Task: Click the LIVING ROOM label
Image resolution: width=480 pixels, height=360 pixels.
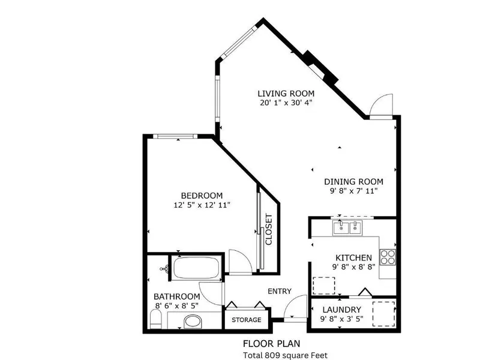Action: pyautogui.click(x=286, y=94)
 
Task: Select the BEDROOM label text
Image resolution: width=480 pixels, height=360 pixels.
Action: pyautogui.click(x=202, y=196)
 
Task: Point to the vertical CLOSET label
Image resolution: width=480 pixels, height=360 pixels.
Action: pyautogui.click(x=269, y=230)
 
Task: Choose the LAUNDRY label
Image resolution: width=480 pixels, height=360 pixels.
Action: pyautogui.click(x=341, y=310)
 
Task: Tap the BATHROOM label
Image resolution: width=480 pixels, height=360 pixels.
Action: pyautogui.click(x=176, y=296)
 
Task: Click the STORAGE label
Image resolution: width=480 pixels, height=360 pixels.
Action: pyautogui.click(x=247, y=320)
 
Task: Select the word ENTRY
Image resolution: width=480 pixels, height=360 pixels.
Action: pyautogui.click(x=279, y=291)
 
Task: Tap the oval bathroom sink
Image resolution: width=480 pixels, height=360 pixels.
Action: pyautogui.click(x=192, y=322)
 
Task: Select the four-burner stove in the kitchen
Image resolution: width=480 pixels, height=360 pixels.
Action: pyautogui.click(x=388, y=257)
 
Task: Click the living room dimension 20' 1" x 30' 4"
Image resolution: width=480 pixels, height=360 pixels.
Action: pyautogui.click(x=286, y=103)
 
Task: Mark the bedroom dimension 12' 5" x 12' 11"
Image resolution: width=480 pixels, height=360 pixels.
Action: pyautogui.click(x=202, y=205)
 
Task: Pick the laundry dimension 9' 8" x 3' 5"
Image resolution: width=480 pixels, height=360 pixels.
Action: pyautogui.click(x=341, y=319)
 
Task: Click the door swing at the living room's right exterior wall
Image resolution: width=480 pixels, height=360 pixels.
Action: pyautogui.click(x=380, y=106)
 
